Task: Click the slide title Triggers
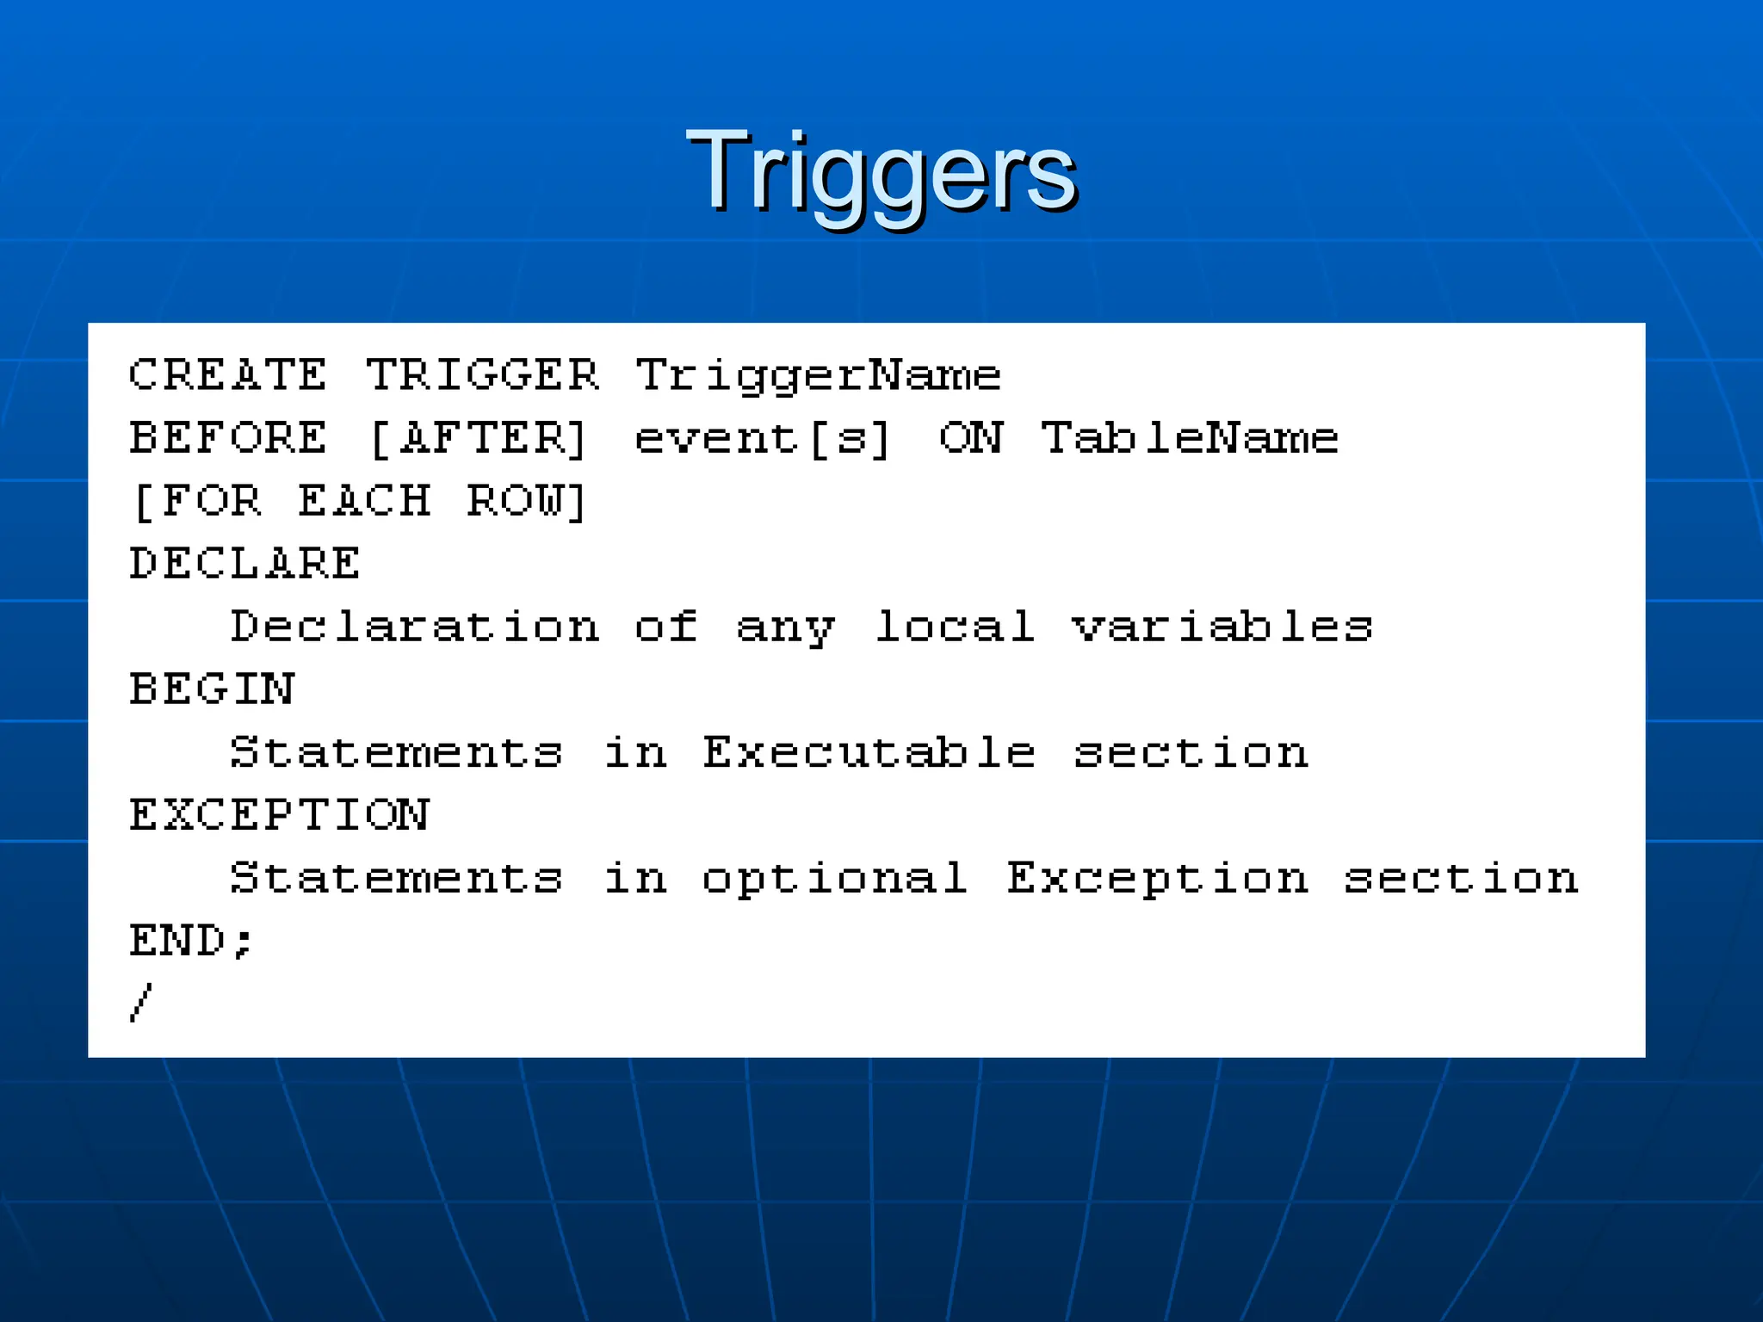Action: (881, 172)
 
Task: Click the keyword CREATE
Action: (228, 375)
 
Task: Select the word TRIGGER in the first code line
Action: (482, 375)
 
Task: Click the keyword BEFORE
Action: (228, 438)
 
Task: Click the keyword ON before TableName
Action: (971, 438)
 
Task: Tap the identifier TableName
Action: (1190, 438)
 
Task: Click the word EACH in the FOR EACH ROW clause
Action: (364, 501)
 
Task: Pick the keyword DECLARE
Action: (244, 564)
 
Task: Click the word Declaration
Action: (414, 627)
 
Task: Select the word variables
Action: (1222, 627)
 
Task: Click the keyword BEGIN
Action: (212, 689)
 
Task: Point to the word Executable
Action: (869, 752)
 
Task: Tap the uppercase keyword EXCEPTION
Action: (279, 815)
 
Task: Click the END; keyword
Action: (191, 941)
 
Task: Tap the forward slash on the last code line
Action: (141, 1003)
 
